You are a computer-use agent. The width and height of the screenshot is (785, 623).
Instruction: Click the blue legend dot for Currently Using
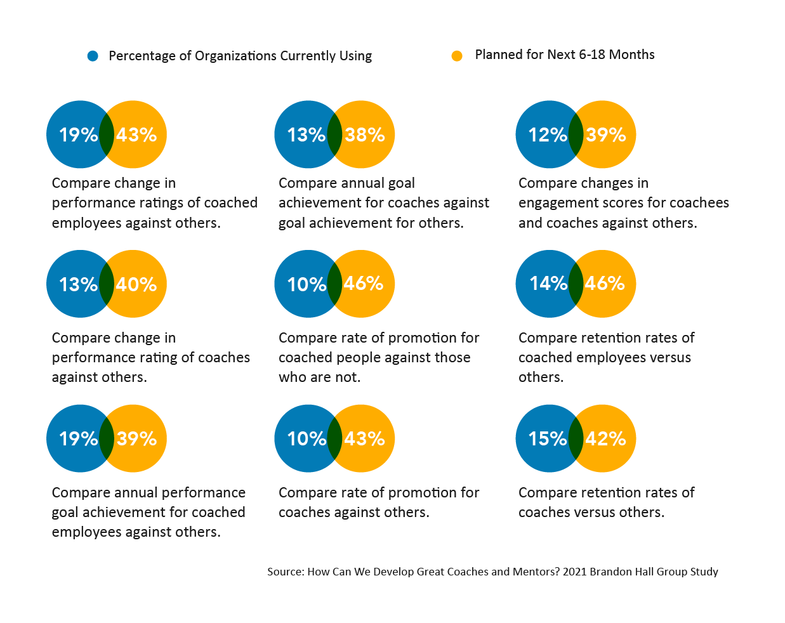point(93,56)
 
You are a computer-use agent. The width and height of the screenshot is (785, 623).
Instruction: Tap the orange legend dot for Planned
point(457,56)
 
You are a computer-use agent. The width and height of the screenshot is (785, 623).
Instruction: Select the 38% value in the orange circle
point(365,134)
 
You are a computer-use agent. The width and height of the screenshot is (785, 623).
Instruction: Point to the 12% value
point(547,134)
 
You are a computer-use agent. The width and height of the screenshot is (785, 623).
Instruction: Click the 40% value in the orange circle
point(136,284)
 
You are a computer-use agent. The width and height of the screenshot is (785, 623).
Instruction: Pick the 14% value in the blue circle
point(548,283)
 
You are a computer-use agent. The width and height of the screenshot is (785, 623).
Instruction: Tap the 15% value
point(547,438)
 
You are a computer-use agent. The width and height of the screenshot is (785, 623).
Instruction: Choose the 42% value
point(605,438)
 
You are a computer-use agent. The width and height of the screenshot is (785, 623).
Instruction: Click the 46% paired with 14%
point(605,283)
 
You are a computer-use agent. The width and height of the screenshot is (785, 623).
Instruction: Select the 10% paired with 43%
point(307,438)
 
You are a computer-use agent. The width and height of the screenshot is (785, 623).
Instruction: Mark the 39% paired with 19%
point(136,438)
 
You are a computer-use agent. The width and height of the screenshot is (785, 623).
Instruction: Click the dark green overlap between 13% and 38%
point(334,134)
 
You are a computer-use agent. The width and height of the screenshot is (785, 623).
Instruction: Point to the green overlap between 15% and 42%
point(576,438)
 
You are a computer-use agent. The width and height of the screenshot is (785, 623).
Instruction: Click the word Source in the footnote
point(284,572)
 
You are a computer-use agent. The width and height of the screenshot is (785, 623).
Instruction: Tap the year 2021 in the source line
point(574,572)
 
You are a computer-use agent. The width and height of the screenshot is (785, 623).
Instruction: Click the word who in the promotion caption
point(291,377)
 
